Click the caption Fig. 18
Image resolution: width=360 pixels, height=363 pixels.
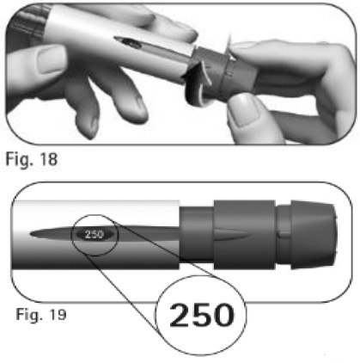click(32, 159)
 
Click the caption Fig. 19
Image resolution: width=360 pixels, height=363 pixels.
click(41, 314)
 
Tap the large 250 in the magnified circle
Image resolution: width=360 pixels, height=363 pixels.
click(202, 315)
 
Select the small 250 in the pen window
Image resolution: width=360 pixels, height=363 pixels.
click(95, 234)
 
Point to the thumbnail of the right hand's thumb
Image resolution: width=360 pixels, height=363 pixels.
click(243, 109)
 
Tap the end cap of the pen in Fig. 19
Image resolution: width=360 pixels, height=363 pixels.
click(314, 235)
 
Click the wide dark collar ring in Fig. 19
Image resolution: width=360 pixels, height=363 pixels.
click(244, 235)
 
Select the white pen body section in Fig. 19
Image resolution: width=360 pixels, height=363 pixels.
click(96, 235)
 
